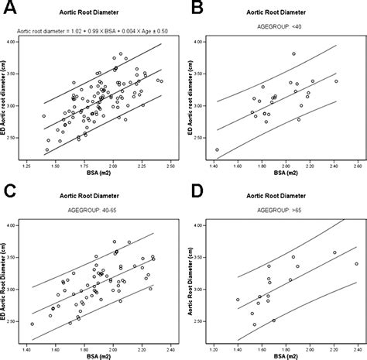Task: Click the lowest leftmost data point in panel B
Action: pyautogui.click(x=218, y=149)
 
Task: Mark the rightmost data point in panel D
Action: pyautogui.click(x=356, y=263)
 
